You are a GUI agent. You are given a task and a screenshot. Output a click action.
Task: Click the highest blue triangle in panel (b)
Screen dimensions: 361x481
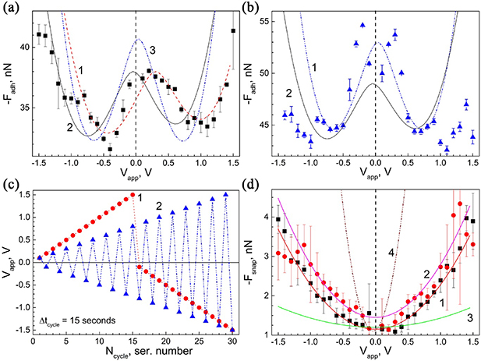363,25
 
